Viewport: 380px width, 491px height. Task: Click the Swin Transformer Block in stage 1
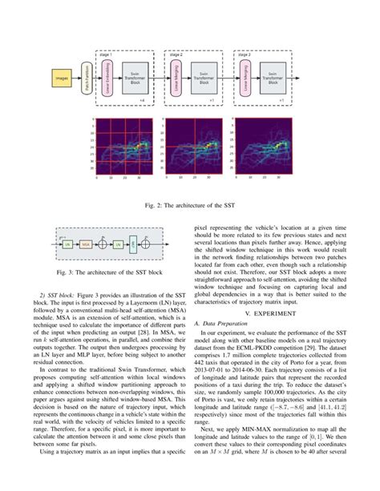[x=135, y=80]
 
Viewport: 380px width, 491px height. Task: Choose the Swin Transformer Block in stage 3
[x=273, y=80]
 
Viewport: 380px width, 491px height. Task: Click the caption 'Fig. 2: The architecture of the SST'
[x=189, y=206]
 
